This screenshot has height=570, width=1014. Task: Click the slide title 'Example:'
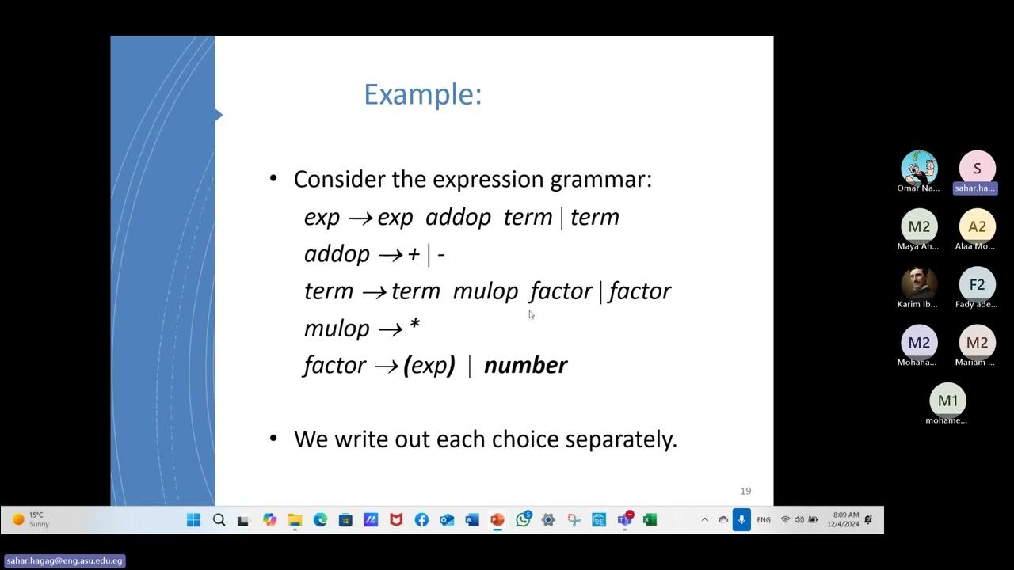422,94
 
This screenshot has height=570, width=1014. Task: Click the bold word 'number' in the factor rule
525,365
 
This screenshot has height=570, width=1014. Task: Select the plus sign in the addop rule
414,254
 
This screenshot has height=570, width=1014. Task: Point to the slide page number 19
745,491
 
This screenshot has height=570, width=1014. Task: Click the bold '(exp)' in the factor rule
429,365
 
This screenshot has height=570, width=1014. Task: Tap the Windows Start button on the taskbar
193,520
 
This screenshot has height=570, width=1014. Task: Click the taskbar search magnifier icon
219,520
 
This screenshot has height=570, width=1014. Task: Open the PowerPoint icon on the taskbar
497,520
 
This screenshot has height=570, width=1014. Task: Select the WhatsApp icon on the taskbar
523,520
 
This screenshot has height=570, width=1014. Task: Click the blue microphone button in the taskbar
741,520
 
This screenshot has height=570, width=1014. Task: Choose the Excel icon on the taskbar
650,520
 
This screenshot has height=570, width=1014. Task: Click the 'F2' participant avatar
977,284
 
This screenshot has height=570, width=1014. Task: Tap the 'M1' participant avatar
947,401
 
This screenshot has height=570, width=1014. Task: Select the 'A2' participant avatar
977,226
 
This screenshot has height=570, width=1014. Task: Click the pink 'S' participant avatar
977,168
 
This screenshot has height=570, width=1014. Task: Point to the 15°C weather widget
32,519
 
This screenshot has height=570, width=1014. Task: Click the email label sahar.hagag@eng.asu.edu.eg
64,560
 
